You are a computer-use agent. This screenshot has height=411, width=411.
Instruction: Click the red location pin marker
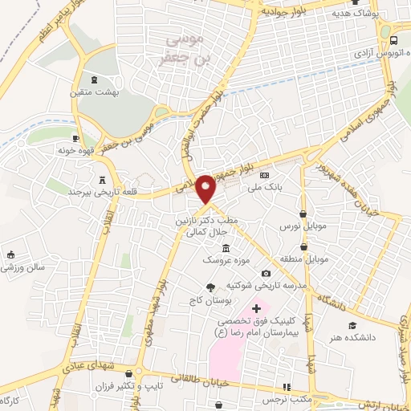tap(206, 188)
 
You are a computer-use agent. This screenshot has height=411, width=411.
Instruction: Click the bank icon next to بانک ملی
tap(264, 176)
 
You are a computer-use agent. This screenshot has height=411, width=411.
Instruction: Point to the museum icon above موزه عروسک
tap(226, 248)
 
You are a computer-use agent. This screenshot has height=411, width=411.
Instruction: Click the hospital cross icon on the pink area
tap(256, 308)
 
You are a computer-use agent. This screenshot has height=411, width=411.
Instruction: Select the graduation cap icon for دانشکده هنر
tap(352, 325)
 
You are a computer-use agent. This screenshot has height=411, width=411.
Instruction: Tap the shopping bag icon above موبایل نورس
tap(303, 214)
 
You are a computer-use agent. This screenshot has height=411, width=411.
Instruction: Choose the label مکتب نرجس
tap(287, 398)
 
